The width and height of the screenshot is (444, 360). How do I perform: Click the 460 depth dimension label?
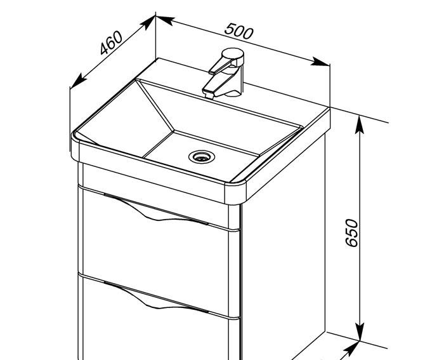coord(112,43)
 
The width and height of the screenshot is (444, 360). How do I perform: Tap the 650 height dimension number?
coord(352,233)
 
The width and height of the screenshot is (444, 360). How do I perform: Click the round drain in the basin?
coord(202,156)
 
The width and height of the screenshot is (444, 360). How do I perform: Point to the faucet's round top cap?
coord(233,54)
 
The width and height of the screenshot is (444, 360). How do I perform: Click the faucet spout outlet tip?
coord(209,95)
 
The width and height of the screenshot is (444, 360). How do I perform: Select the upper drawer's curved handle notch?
coord(156,210)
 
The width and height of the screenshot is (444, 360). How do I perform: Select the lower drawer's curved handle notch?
coord(156,298)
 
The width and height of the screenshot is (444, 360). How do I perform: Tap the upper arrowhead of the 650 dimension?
coord(360,124)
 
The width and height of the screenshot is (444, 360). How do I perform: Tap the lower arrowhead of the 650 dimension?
coord(360,331)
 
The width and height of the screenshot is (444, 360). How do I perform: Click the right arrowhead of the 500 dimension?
coord(321,62)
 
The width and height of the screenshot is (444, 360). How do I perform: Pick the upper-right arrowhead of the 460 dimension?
coord(148,23)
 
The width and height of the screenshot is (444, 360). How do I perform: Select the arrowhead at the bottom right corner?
coord(351,350)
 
